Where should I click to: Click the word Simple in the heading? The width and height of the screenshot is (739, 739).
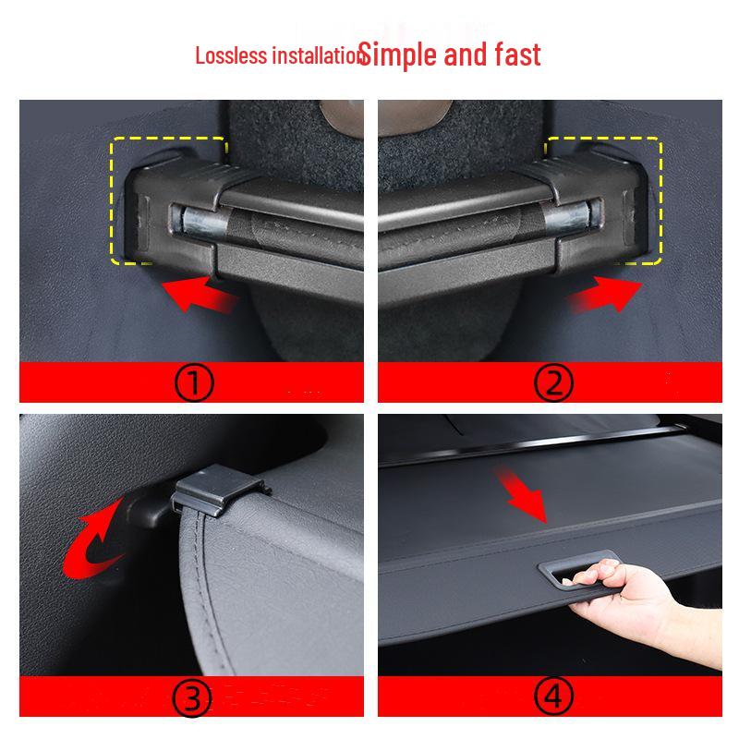point(398,55)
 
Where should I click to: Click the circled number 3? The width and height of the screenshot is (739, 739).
point(195,700)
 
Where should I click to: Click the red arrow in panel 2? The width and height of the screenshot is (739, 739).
point(600,297)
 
